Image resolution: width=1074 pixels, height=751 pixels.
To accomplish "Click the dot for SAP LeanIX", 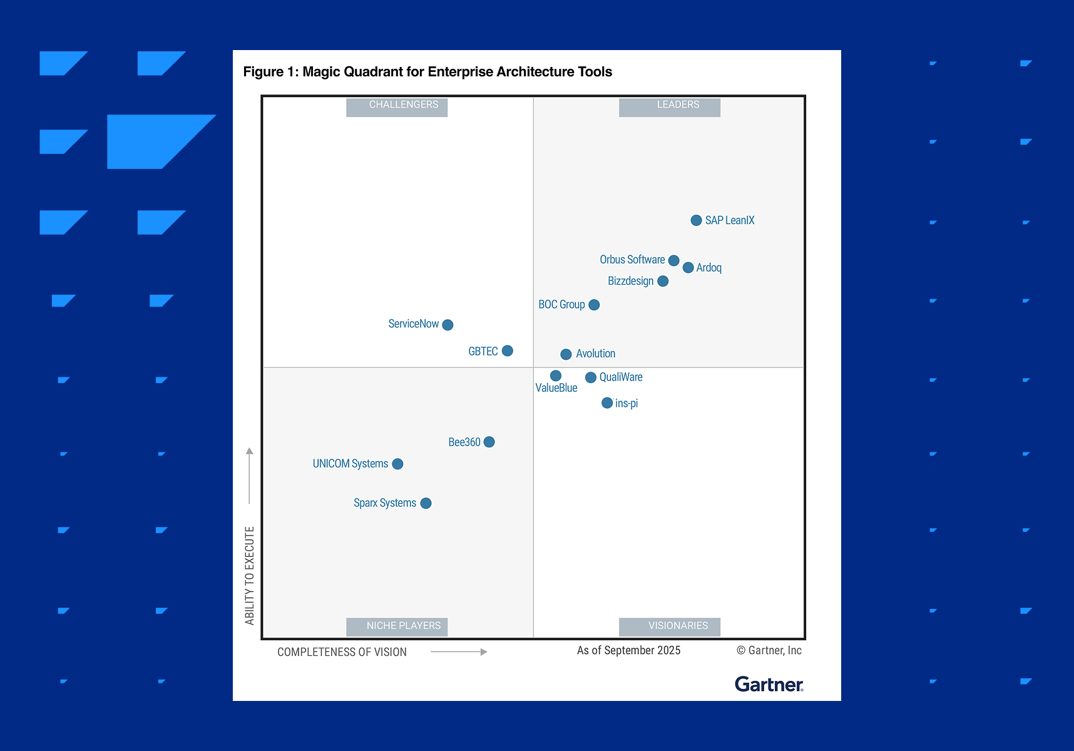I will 696,220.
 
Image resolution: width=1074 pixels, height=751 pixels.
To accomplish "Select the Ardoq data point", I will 688,268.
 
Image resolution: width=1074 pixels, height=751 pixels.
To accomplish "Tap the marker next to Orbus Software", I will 673,260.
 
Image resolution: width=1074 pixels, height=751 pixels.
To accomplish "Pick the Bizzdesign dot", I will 663,282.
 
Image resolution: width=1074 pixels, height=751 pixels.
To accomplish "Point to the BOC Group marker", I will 594,305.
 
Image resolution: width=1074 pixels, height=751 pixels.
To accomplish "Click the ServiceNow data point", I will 447,325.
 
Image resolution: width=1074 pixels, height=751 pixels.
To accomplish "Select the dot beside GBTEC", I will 508,351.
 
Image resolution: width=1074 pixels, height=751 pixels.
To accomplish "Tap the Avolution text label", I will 595,354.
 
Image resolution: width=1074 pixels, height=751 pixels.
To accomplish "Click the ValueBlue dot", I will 556,375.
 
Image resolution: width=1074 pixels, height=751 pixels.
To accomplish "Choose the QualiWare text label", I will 621,377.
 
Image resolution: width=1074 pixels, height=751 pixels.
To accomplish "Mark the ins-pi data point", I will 606,403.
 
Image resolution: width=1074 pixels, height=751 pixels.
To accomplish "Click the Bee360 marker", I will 489,442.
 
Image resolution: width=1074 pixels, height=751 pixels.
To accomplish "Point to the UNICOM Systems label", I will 350,464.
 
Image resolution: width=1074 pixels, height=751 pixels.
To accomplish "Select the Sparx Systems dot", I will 426,503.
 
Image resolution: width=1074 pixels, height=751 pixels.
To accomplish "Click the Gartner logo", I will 769,684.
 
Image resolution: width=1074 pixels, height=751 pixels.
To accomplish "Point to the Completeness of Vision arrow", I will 459,652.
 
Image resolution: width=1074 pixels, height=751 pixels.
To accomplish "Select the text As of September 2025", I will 628,650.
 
